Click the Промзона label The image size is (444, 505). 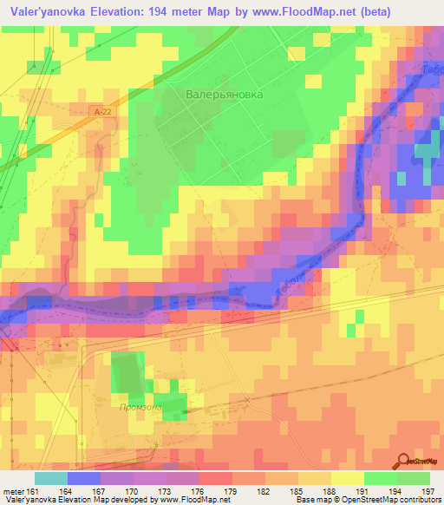(x=144, y=407)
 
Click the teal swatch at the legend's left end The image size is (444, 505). (x=50, y=478)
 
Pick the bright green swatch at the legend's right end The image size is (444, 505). (x=413, y=478)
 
